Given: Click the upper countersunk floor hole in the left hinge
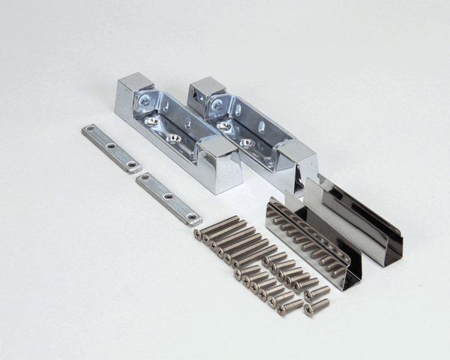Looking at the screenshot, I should (151, 121).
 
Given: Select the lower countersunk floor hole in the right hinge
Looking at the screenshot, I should (247, 142).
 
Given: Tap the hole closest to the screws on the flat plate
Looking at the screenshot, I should (192, 217).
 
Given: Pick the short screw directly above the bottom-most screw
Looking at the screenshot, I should (315, 292).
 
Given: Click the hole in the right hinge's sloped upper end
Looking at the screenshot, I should (218, 106).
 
